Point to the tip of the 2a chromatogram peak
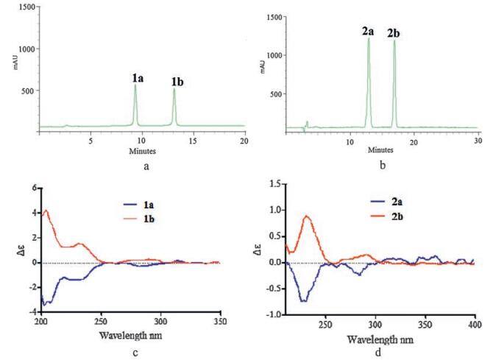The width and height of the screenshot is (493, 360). point(369,39)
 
